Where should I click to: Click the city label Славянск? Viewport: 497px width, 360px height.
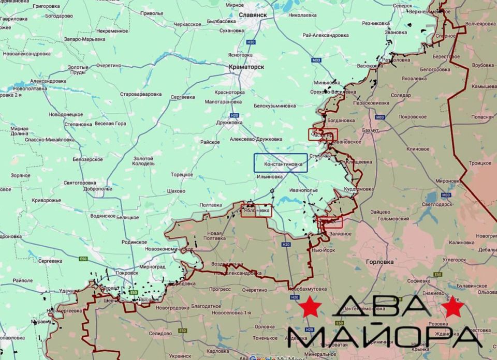(x=253, y=15)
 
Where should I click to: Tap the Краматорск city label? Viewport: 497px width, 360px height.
(x=246, y=67)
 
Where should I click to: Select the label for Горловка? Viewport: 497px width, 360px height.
(x=379, y=262)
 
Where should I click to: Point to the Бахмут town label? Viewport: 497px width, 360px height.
(x=371, y=131)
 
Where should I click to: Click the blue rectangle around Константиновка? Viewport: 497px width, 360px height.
(x=280, y=163)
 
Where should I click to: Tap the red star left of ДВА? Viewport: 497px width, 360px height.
(x=310, y=307)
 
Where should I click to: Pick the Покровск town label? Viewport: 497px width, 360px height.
(x=126, y=273)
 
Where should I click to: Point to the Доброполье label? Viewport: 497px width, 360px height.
(x=97, y=189)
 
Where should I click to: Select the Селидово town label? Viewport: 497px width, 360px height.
(x=160, y=334)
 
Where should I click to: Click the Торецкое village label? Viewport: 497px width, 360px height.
(x=182, y=175)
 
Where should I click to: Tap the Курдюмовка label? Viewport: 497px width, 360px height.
(x=358, y=189)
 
